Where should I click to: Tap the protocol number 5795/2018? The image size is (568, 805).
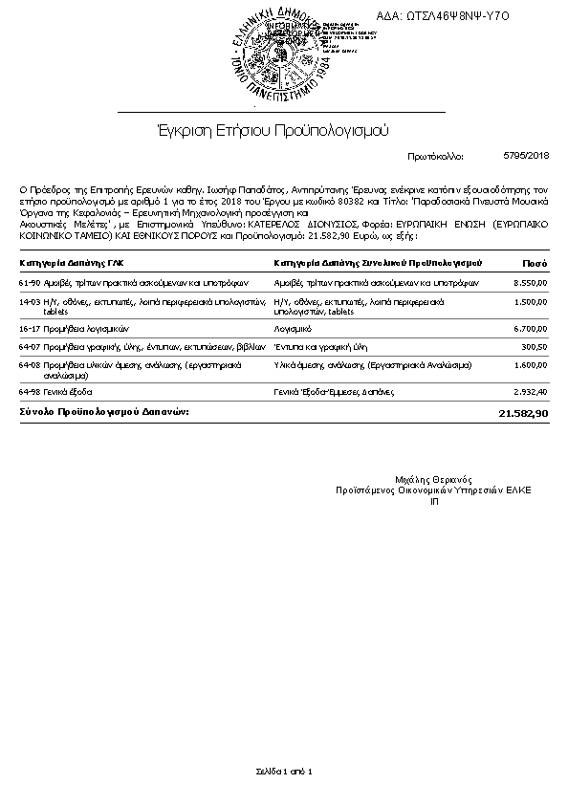525,154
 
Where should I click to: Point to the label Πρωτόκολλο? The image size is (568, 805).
435,155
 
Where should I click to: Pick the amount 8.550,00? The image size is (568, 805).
530,284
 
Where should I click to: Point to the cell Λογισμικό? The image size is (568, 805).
292,328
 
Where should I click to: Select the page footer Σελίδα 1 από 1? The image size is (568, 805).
284,771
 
